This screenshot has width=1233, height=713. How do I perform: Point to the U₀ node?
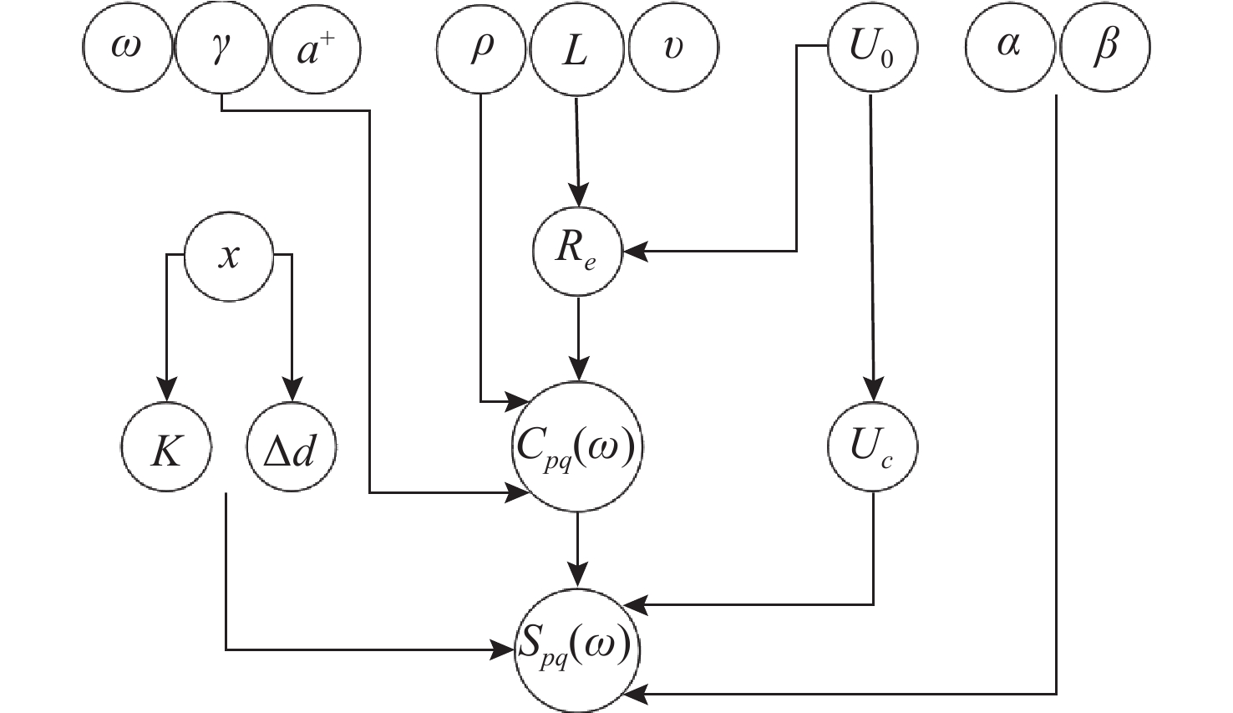tap(871, 48)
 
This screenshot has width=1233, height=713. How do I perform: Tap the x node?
tap(228, 255)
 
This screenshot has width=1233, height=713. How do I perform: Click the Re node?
tap(577, 251)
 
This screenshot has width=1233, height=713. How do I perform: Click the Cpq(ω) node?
tap(576, 446)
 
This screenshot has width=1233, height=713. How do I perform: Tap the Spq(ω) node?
tap(576, 649)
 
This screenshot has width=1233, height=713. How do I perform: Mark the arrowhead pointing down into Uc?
tap(873, 391)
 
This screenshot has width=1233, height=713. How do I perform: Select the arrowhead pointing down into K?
tap(167, 391)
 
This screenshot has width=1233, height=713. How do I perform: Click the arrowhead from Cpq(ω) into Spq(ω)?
tap(577, 577)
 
